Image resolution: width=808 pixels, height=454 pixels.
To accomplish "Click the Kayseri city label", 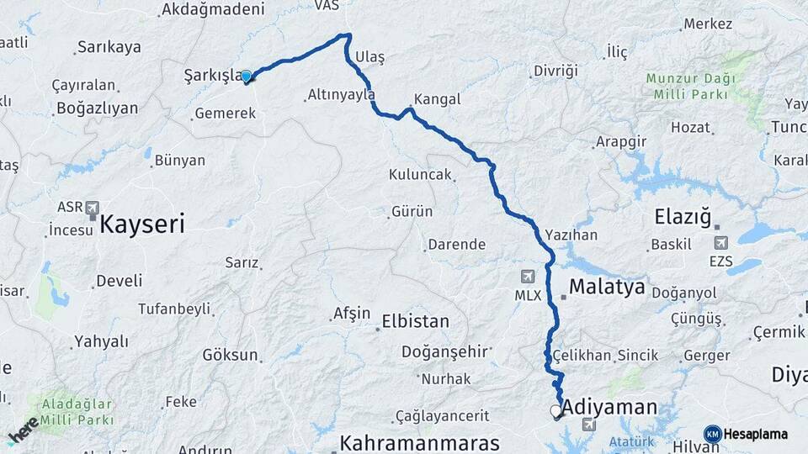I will click(x=141, y=224).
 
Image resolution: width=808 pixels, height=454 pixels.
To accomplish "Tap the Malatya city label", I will click(x=606, y=288).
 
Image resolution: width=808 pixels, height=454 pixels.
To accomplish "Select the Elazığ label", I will click(x=684, y=218).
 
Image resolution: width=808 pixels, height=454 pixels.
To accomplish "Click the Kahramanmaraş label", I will click(x=419, y=443).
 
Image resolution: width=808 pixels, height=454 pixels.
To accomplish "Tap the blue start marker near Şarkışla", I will click(x=247, y=77).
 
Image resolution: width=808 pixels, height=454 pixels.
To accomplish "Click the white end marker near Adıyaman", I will click(x=555, y=411).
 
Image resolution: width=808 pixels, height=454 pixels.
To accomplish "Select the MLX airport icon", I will click(x=528, y=277).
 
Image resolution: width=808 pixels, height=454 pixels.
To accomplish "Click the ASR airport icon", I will click(x=92, y=207).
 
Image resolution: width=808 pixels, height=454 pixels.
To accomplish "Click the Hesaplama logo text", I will click(x=755, y=434).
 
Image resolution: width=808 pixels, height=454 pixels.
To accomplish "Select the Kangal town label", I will click(x=437, y=99).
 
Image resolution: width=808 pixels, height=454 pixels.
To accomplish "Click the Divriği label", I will click(x=555, y=71).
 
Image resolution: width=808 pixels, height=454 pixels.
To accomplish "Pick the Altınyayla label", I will click(x=341, y=96).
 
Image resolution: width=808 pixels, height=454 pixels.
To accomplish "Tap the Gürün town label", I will click(x=412, y=213).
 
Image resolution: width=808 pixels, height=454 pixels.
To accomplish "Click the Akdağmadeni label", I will click(x=212, y=9).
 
